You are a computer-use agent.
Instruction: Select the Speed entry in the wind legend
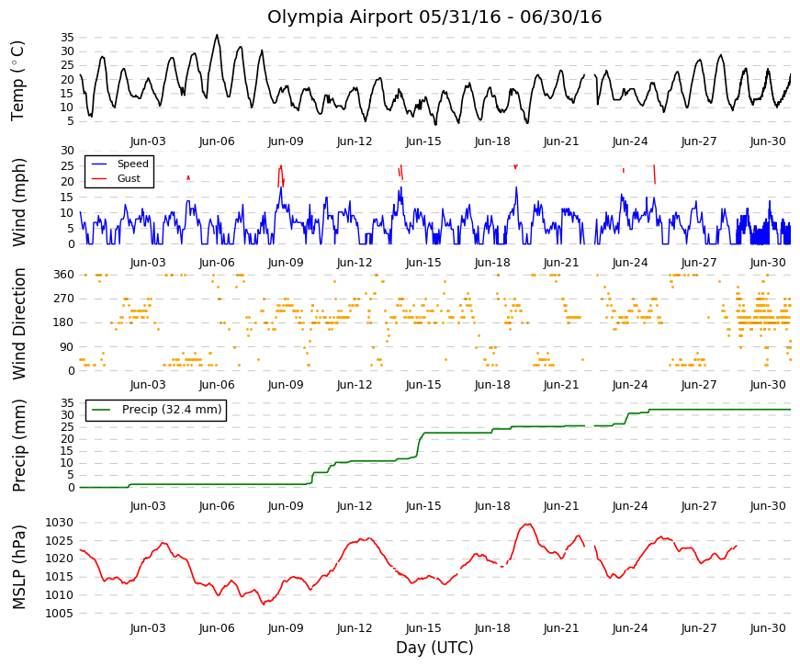tap(132, 164)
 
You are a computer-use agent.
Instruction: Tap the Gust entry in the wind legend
tap(129, 178)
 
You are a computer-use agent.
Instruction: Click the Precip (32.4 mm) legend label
tap(172, 410)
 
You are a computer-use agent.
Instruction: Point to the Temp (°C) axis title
tap(17, 81)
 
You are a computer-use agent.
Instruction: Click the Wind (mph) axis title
tap(18, 203)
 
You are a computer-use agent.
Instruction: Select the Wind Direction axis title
tap(18, 323)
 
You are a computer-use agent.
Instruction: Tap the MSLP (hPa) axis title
tap(18, 567)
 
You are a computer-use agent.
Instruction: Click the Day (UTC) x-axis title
tap(434, 648)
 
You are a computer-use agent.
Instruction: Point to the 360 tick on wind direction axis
tap(64, 275)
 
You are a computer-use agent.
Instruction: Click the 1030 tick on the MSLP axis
tap(59, 523)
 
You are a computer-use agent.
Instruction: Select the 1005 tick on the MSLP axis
tap(59, 613)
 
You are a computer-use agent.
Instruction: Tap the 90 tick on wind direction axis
tap(67, 347)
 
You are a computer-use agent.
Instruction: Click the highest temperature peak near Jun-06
tap(217, 35)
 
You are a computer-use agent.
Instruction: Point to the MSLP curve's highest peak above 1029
tap(527, 525)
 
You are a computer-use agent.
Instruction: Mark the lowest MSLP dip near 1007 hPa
tap(264, 604)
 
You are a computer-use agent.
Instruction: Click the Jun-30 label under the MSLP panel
tap(768, 628)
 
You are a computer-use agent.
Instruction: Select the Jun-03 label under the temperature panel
tap(148, 141)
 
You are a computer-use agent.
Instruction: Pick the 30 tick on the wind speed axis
tap(67, 151)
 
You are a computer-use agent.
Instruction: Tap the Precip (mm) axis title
tap(18, 446)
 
